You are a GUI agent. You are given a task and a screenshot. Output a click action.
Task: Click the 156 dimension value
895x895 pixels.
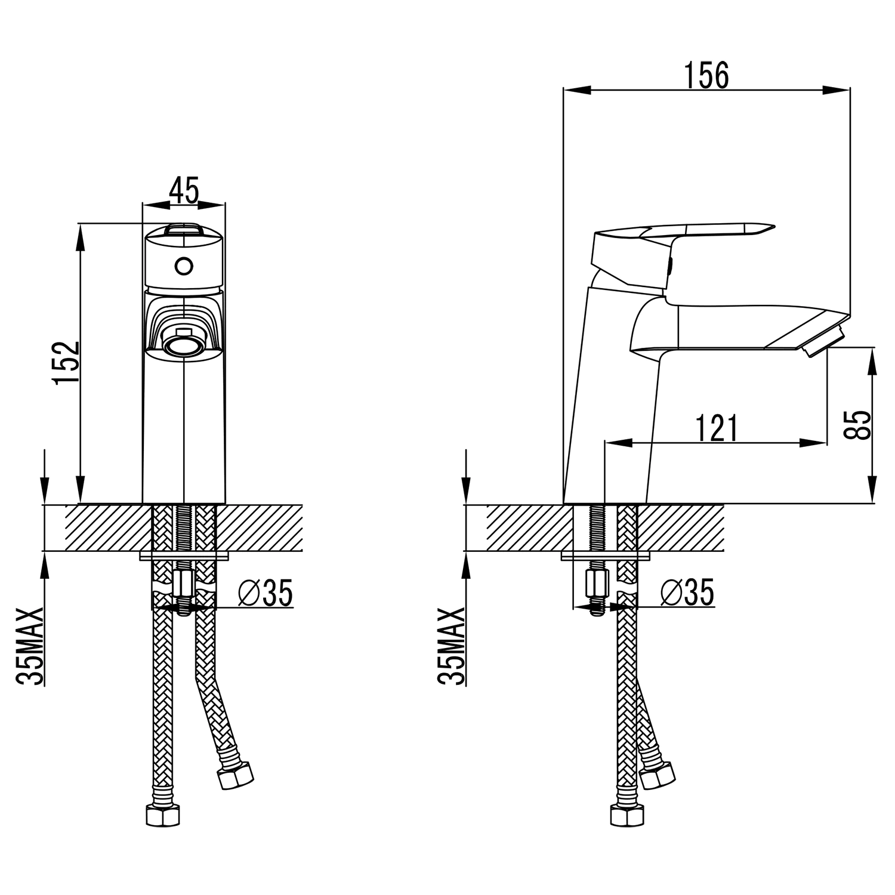[706, 76]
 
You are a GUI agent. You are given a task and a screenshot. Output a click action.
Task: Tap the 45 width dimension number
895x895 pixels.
[184, 190]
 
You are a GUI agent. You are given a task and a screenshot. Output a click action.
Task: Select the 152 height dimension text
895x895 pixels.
[67, 363]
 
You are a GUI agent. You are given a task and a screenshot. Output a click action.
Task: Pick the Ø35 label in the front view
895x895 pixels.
[266, 592]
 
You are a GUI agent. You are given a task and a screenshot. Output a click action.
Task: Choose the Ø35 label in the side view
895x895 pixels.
[688, 592]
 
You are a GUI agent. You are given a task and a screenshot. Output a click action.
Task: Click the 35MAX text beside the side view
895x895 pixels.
[451, 647]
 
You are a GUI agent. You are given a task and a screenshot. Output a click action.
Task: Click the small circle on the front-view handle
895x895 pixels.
[184, 265]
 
